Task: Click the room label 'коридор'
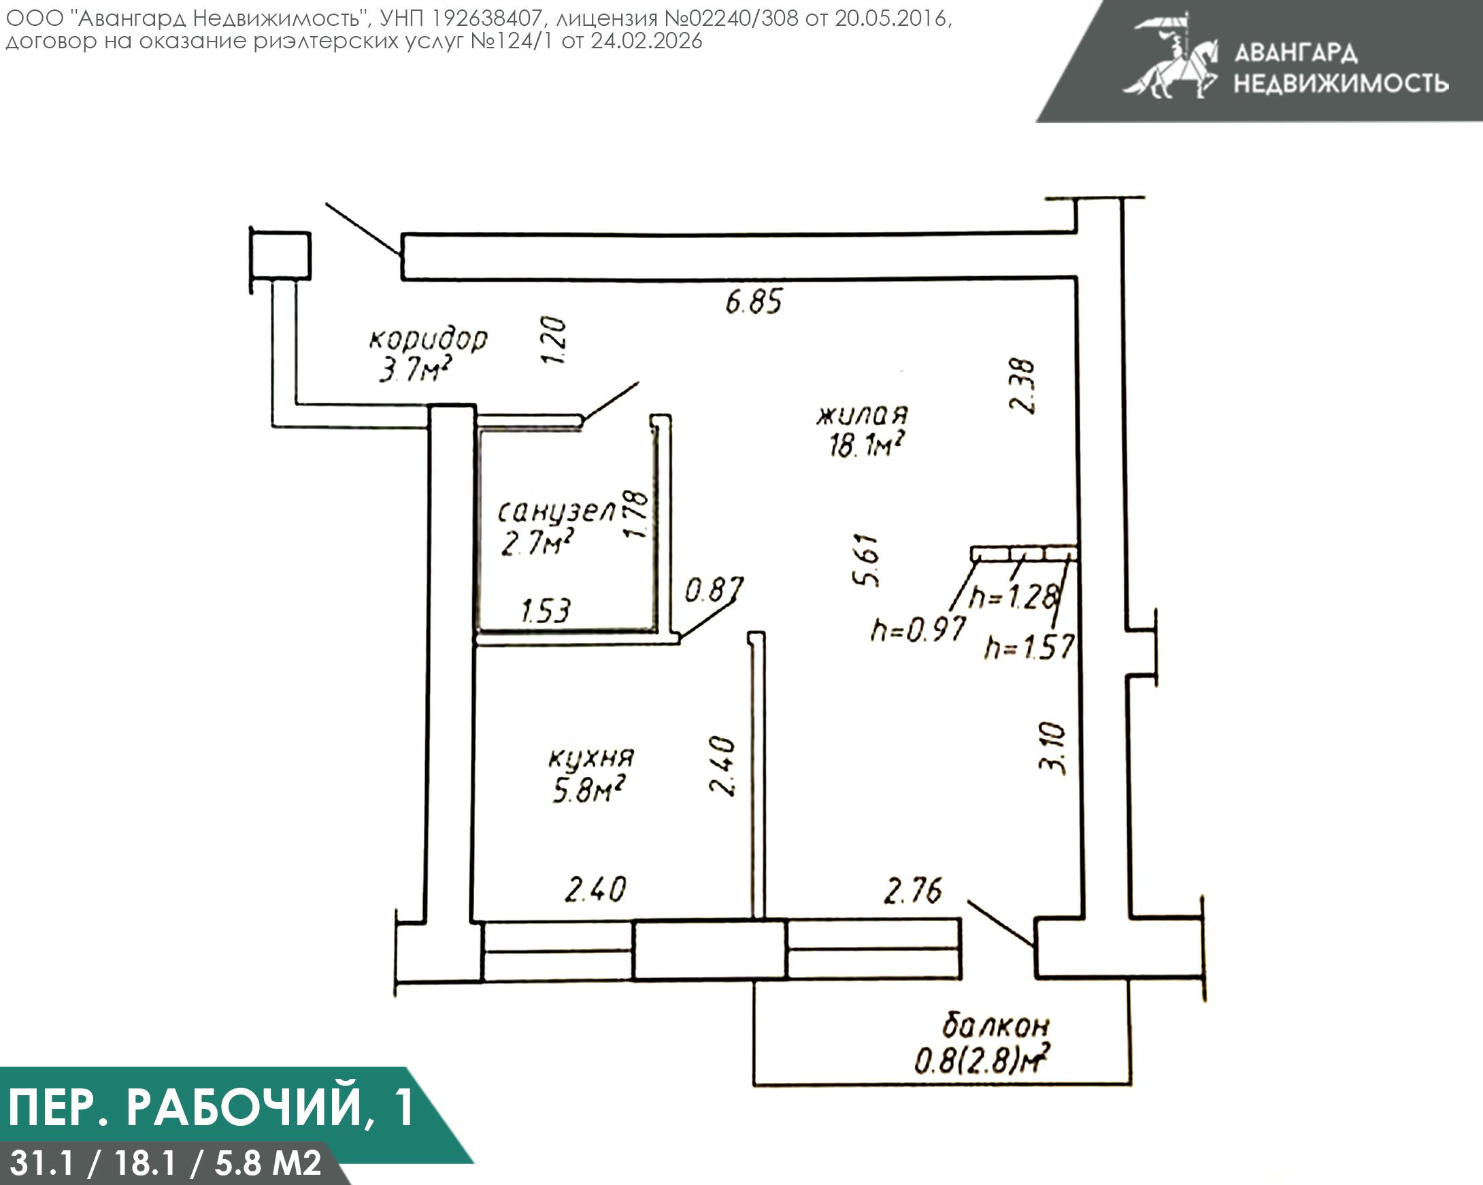(x=428, y=339)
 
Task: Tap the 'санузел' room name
(x=556, y=512)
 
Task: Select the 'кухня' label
(x=591, y=758)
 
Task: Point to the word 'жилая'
(x=862, y=415)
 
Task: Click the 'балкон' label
(x=995, y=1026)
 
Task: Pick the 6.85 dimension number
(x=754, y=302)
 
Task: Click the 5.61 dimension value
(x=866, y=559)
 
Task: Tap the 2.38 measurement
(x=1022, y=386)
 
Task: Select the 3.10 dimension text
(x=1052, y=748)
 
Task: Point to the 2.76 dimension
(x=912, y=891)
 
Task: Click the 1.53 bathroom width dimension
(x=546, y=611)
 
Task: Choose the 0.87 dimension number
(x=714, y=590)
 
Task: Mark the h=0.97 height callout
(x=918, y=629)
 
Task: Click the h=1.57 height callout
(x=1029, y=647)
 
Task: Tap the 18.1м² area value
(x=866, y=446)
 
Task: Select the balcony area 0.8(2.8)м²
(x=982, y=1061)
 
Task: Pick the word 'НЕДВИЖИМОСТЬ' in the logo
(x=1341, y=83)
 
